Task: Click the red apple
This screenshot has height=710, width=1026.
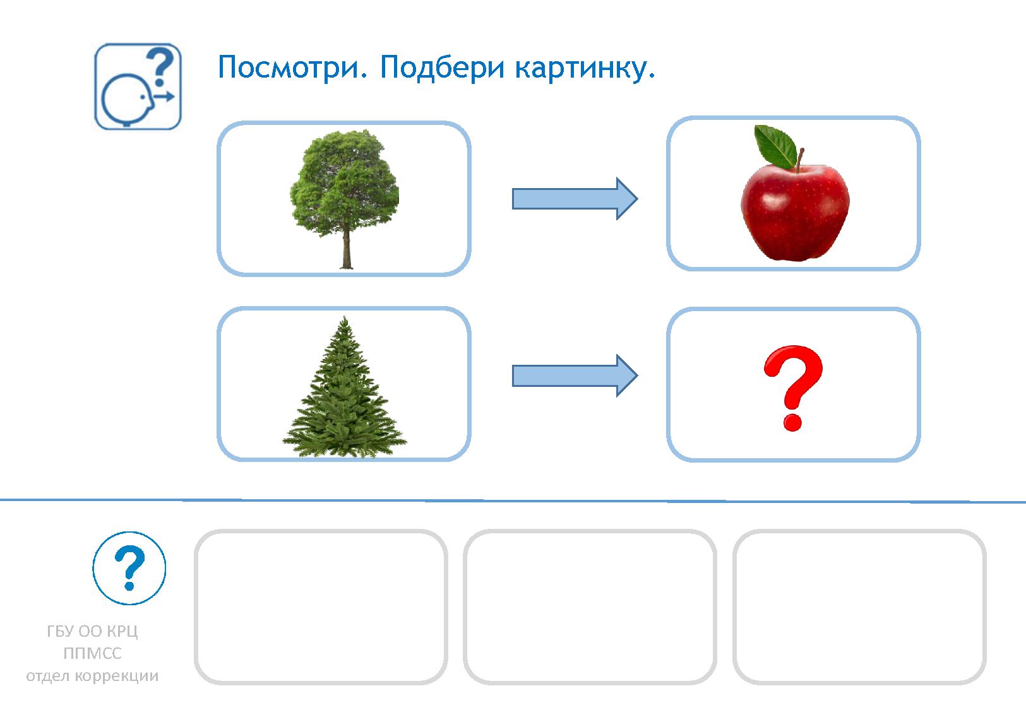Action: pos(794,211)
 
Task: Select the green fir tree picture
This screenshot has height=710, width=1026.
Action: pos(344,391)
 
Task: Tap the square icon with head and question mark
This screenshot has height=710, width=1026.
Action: pos(138,86)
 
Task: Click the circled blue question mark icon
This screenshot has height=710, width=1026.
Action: pos(129,568)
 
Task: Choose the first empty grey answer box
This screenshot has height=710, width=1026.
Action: pos(321,606)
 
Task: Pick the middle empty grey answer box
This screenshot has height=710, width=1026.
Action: pos(590,606)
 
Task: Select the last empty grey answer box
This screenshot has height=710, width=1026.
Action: pos(859,606)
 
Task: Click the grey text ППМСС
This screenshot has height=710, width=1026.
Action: pos(92,654)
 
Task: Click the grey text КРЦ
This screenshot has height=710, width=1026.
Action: pos(122,632)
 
